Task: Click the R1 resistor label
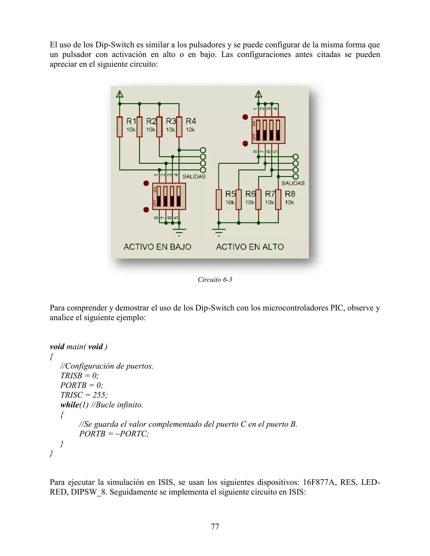pos(131,121)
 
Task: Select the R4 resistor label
pos(191,121)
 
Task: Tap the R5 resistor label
pos(230,194)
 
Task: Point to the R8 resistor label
pos(290,194)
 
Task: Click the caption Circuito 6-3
pos(215,279)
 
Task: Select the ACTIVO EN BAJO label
pos(157,247)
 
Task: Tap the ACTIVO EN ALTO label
pos(250,247)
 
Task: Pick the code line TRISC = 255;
pos(84,395)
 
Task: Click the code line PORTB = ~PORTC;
pos(114,433)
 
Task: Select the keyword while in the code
pos(69,405)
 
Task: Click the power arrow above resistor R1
pos(120,94)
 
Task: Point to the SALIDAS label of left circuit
pos(194,176)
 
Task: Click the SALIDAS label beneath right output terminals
pos(293,183)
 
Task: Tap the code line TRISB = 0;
pos(80,376)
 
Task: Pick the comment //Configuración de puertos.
pos(107,366)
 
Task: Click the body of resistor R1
pos(119,127)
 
